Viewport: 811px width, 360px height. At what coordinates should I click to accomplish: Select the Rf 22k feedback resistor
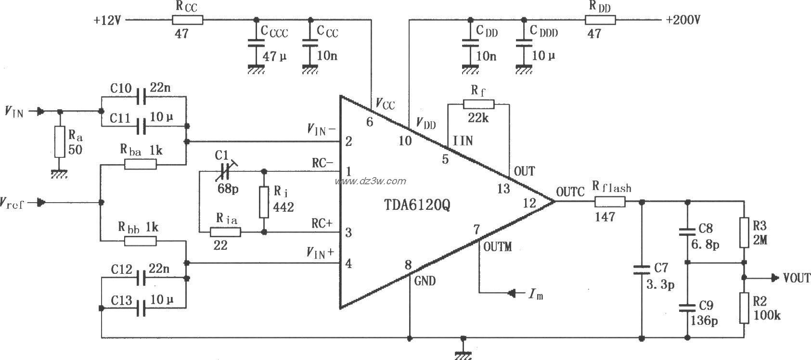pos(478,104)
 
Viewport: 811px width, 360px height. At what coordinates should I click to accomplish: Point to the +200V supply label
pos(683,20)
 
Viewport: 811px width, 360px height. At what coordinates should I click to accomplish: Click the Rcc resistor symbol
pos(187,20)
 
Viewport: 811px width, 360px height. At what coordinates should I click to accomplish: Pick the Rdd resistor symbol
pos(600,20)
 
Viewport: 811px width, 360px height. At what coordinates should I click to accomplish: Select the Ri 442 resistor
pos(264,202)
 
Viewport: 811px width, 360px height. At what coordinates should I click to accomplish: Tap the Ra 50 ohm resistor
pos(60,142)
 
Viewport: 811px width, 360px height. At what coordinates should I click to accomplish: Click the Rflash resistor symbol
pos(610,202)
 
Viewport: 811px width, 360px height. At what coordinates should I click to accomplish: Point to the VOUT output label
pos(796,278)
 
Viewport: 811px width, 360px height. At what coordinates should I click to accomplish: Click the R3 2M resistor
pos(744,232)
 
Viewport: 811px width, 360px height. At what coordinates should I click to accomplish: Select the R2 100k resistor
pos(744,308)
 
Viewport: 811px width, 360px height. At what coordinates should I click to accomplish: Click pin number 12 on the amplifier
pos(529,203)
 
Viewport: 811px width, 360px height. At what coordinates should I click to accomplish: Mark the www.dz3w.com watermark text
pos(371,181)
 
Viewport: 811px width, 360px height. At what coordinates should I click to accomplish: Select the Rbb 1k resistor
pos(140,241)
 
